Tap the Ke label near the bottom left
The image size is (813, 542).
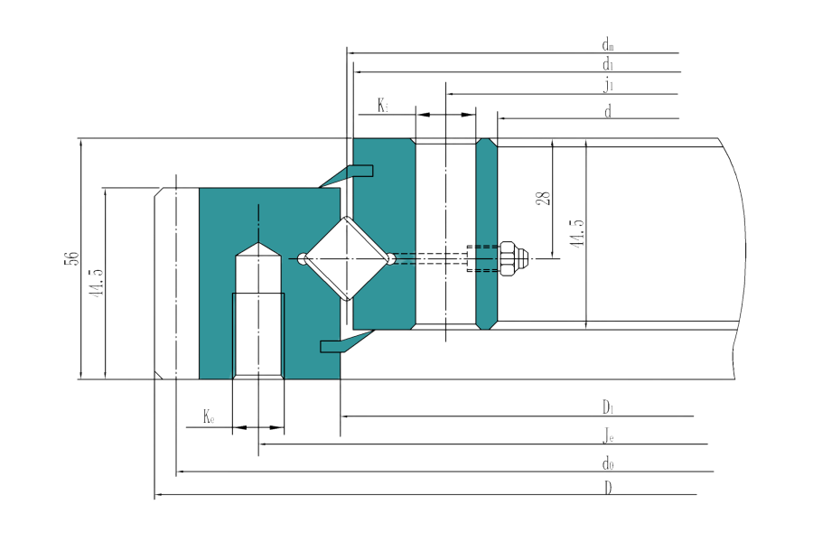(209, 417)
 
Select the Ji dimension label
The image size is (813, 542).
(609, 86)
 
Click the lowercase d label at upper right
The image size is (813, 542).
(609, 110)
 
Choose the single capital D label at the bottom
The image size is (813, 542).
(609, 488)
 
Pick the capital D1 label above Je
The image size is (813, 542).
(609, 408)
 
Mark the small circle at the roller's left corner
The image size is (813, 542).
(302, 259)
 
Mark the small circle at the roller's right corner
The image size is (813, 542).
(391, 259)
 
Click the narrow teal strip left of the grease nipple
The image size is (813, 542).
(486, 233)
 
